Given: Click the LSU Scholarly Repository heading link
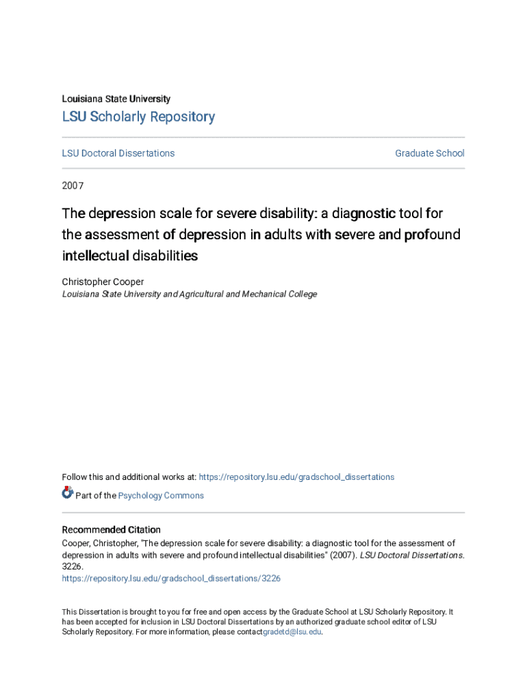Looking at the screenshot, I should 138,117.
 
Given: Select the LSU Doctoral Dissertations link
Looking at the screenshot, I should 118,153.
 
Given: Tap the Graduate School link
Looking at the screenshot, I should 429,153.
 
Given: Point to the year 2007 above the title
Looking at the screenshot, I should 73,185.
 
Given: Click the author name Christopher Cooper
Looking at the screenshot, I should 103,282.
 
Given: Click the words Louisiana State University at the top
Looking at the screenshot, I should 116,98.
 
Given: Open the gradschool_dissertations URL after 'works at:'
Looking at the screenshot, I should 296,477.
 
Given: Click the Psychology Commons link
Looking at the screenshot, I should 161,496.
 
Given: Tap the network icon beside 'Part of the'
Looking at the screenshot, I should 67,492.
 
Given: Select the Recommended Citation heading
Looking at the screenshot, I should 112,530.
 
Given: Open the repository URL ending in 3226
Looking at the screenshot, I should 171,578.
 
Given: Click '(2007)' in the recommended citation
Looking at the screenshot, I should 343,555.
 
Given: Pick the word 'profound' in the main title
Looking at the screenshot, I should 433,234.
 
